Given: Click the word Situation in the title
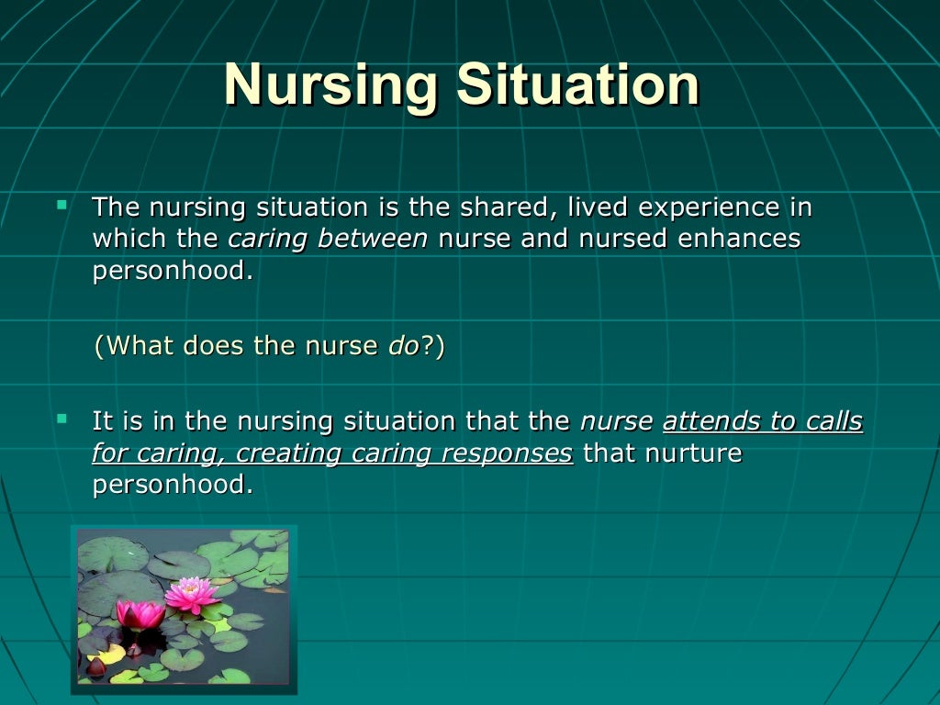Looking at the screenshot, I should (x=579, y=85).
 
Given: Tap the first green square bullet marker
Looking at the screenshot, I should (x=62, y=202).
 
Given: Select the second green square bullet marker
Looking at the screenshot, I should (x=62, y=418).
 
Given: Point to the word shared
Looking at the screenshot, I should (x=495, y=207).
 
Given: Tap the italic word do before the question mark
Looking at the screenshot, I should (x=404, y=345).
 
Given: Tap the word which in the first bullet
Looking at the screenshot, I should (x=122, y=239).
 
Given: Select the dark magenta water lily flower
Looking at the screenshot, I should (x=140, y=614).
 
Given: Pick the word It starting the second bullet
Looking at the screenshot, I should (x=102, y=421).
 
